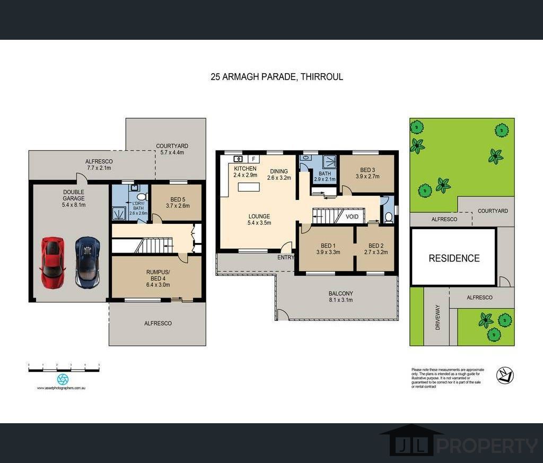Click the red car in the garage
pyautogui.click(x=52, y=263)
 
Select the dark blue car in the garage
pyautogui.click(x=87, y=262)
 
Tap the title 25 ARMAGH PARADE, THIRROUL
pyautogui.click(x=276, y=76)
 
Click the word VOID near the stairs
pyautogui.click(x=352, y=217)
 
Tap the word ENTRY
pyautogui.click(x=285, y=258)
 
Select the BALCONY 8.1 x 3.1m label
pyautogui.click(x=340, y=296)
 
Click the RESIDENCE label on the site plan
pyautogui.click(x=454, y=258)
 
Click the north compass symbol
pyautogui.click(x=504, y=375)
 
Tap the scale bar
pyautogui.click(x=64, y=367)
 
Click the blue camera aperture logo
pyautogui.click(x=63, y=379)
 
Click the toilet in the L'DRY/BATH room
pyautogui.click(x=141, y=196)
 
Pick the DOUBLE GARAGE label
pyautogui.click(x=74, y=198)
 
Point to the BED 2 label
pyautogui.click(x=375, y=249)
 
